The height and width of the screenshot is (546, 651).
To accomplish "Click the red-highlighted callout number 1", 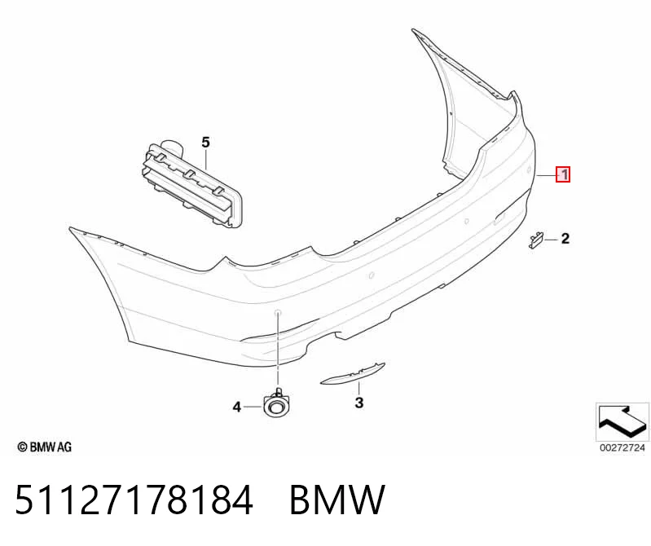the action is tap(563, 174).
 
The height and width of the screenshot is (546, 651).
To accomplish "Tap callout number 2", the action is tap(565, 239).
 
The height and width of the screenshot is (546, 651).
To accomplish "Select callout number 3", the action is tap(359, 403).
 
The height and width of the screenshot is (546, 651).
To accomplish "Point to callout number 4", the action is tap(236, 407).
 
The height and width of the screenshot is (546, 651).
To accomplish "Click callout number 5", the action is tap(206, 143).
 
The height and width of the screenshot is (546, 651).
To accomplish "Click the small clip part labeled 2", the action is tap(536, 240).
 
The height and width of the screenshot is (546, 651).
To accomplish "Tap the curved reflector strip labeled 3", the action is tap(353, 375).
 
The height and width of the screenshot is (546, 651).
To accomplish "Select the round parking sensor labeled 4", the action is tap(276, 404).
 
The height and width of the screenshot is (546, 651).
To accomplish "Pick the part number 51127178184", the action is tap(134, 500).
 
